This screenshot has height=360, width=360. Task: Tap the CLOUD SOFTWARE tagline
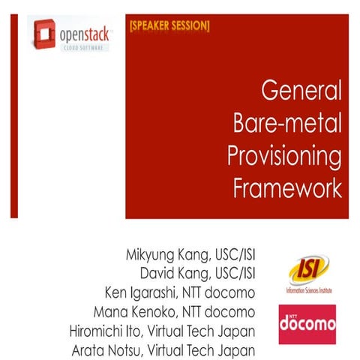pyautogui.click(x=86, y=46)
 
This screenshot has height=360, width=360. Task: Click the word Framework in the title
pyautogui.click(x=289, y=187)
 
